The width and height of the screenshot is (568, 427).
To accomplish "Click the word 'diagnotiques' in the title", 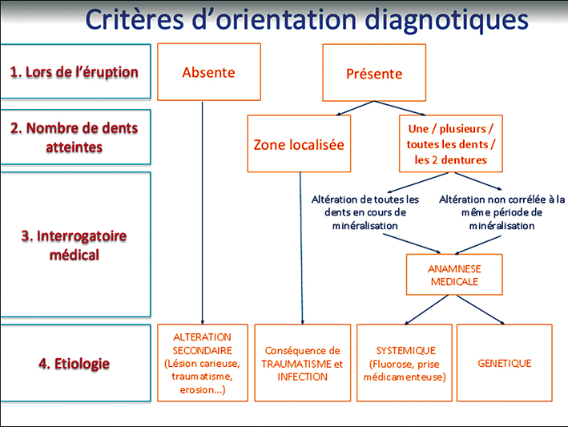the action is [x=446, y=20].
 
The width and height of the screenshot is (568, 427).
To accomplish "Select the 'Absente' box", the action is [x=209, y=72].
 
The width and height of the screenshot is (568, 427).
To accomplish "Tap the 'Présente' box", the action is [x=374, y=72].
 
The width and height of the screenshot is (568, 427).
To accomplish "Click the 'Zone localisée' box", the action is [x=299, y=143].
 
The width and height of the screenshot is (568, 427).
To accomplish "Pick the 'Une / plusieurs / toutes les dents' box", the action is [x=450, y=143].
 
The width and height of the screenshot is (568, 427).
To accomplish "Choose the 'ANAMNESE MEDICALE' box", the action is [x=454, y=275].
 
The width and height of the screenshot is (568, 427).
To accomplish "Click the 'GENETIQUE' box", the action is [x=504, y=363].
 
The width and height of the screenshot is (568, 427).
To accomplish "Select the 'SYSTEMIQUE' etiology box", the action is [x=405, y=363].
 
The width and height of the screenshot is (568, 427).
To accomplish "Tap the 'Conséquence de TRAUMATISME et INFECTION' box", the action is [x=303, y=363].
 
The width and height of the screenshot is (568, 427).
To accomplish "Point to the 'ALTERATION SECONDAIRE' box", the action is [x=203, y=363].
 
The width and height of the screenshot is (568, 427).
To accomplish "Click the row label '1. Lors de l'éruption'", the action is [x=75, y=71].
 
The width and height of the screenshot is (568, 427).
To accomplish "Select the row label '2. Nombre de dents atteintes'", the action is [x=75, y=137].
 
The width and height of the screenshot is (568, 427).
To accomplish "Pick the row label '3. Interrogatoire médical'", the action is [x=75, y=245].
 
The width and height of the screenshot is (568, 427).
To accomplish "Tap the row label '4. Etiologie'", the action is [x=75, y=363].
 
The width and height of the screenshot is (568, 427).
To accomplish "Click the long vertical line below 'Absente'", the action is [x=203, y=213].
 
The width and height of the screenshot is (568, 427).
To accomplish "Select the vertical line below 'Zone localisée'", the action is [x=301, y=248].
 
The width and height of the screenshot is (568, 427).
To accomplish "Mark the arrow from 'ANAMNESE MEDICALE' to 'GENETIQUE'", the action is [x=480, y=310].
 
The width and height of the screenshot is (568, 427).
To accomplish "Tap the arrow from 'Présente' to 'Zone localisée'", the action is [x=355, y=108].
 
